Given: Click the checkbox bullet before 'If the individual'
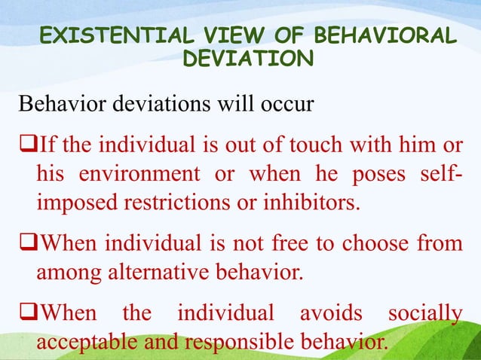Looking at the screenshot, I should point(26,143).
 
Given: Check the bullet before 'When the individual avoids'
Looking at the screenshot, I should point(26,313).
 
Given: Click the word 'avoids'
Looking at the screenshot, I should point(334,313).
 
